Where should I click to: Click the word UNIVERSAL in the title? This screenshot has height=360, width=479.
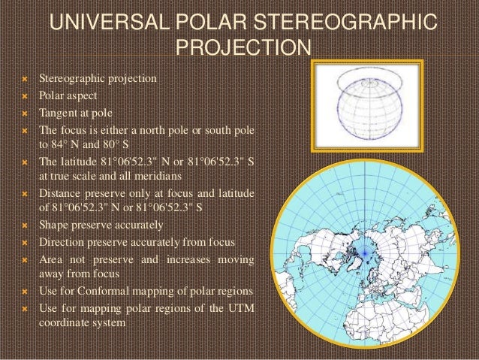[116, 22]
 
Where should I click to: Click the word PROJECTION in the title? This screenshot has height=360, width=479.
[242, 50]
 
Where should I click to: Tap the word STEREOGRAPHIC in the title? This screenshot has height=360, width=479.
[355, 22]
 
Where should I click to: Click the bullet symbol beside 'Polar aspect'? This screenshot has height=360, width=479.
[24, 96]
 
